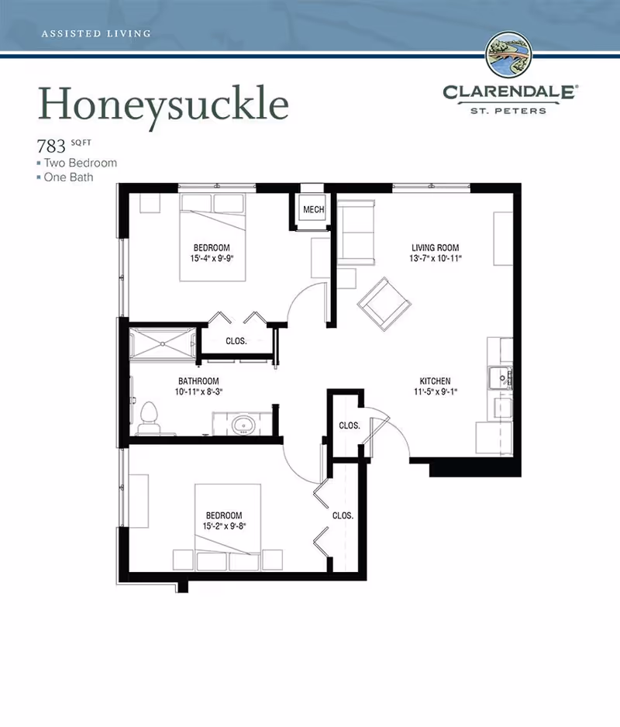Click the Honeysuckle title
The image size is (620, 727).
pos(164,105)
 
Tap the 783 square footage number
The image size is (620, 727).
pos(51,146)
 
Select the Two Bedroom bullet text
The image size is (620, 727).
pos(81,163)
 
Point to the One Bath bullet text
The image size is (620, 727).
pos(68,177)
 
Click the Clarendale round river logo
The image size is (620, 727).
pos(508,55)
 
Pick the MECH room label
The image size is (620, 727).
pos(313,209)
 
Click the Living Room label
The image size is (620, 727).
pos(435,247)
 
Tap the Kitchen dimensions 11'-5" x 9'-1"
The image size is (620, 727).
pos(436,391)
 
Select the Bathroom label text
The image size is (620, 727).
pos(198,381)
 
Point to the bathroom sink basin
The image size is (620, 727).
pos(243,424)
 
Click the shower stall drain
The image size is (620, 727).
pos(163,343)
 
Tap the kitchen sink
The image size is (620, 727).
pos(501,378)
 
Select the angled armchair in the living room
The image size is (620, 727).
pos(384,304)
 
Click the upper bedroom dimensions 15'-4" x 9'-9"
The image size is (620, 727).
pos(212,258)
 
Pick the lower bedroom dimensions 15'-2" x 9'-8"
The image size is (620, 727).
pos(224,526)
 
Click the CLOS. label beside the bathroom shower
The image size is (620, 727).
pos(236,341)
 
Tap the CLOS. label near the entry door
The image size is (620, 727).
pos(350,426)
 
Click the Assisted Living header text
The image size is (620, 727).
pos(96,33)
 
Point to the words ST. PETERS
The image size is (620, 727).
pos(508,111)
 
